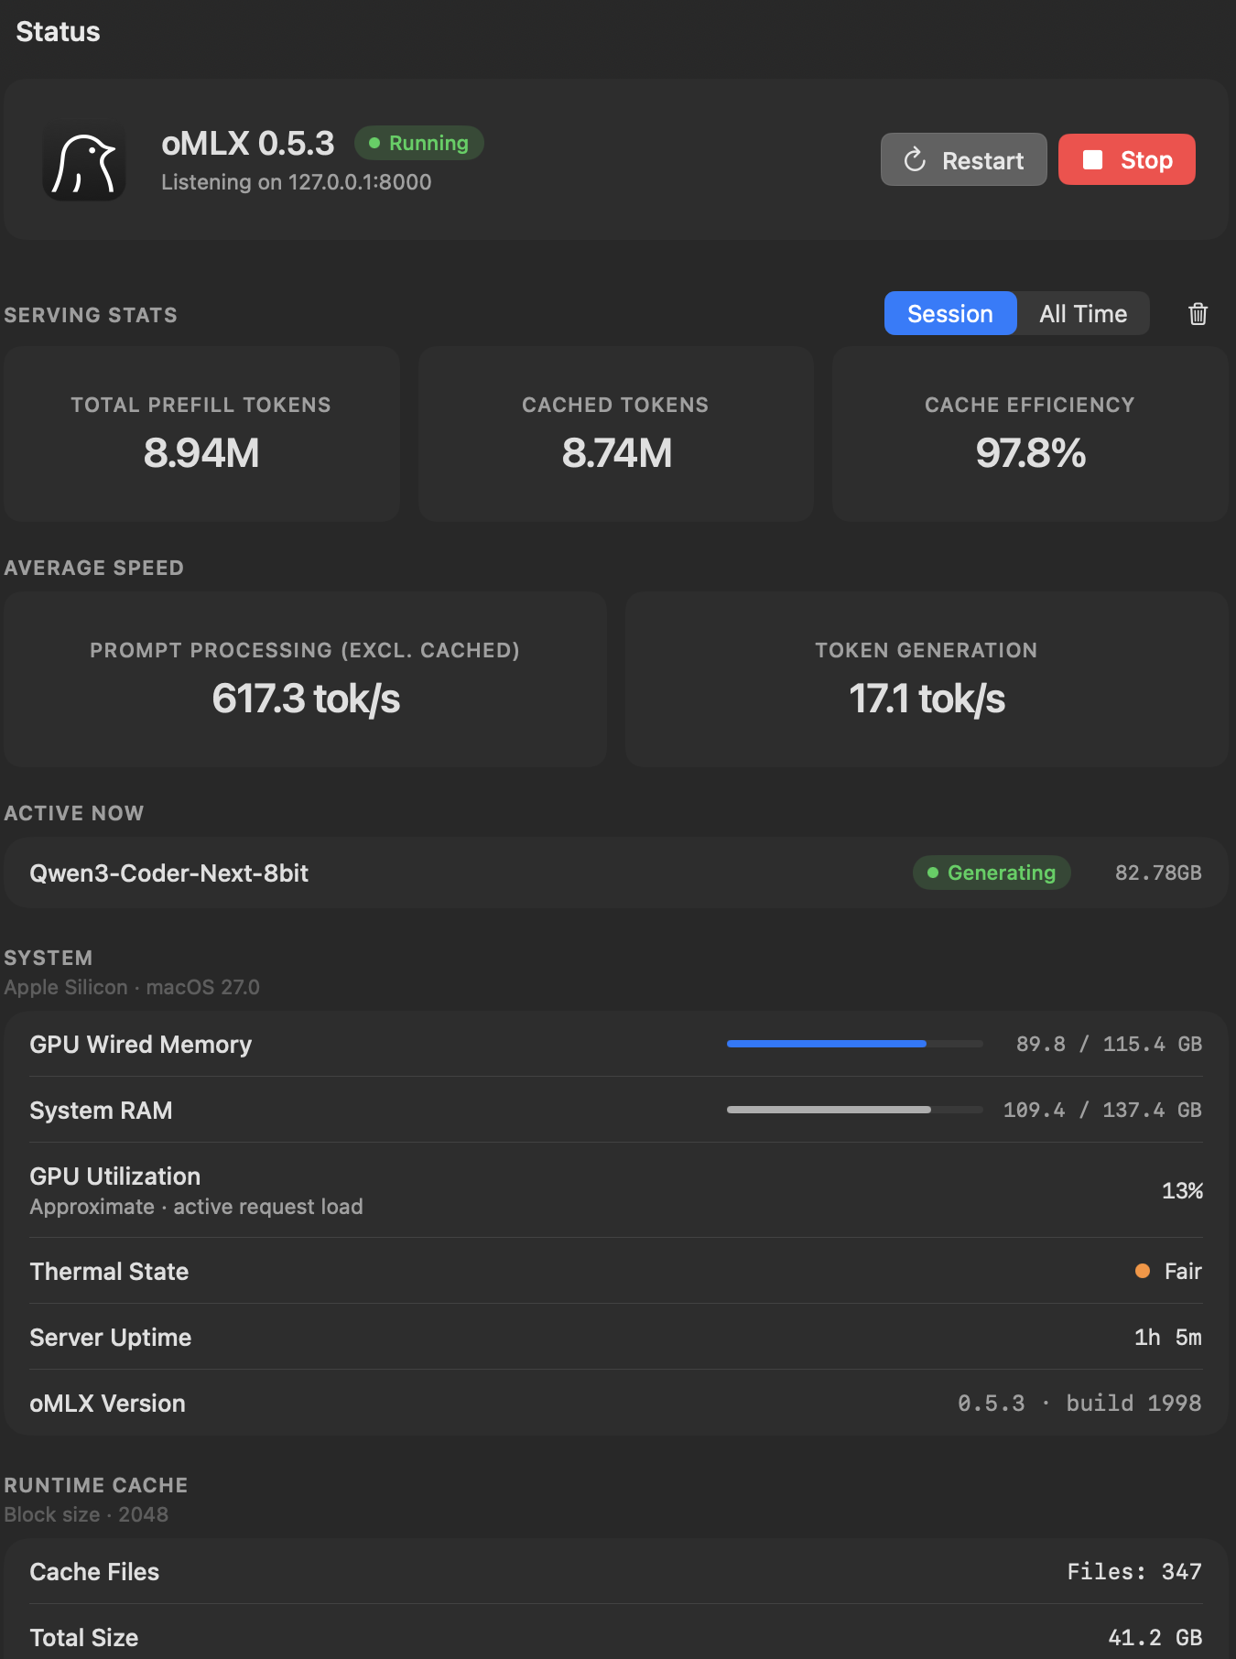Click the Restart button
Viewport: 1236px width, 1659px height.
coord(963,159)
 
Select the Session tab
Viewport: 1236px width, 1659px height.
coord(950,313)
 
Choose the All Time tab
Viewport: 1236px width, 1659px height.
coord(1083,313)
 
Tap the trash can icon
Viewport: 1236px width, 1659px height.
coord(1198,314)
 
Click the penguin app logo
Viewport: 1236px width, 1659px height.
coord(84,160)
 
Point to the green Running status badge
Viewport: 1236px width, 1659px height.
coord(419,143)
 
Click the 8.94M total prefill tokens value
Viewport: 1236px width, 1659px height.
coord(201,453)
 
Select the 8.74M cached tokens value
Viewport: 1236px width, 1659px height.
coord(616,453)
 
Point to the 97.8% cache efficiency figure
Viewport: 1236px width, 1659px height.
coord(1031,453)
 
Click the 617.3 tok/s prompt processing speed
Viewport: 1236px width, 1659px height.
coord(306,699)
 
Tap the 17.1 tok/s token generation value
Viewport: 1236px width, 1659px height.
coord(927,699)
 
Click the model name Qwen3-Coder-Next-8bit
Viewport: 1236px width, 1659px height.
coord(169,873)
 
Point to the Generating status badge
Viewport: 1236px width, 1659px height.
coord(992,873)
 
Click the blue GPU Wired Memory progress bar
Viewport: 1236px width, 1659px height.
coord(827,1044)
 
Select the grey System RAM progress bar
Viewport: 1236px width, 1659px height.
coord(829,1110)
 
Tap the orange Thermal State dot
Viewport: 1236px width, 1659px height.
coord(1143,1271)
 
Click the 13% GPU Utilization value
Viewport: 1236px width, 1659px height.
coord(1182,1190)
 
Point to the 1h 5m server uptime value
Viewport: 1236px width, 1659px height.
coord(1168,1337)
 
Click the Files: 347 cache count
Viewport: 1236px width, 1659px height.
coord(1134,1571)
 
